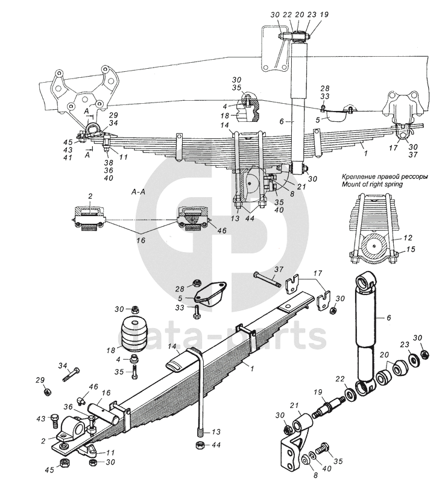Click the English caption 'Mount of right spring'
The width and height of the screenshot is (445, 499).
372,184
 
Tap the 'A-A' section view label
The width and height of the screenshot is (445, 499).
138,192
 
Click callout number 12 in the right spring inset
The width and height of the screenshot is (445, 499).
408,237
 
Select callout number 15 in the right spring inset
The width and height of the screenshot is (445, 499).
411,249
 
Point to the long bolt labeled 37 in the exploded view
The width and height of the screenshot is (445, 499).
267,279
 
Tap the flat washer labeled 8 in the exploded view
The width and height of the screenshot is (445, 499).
305,459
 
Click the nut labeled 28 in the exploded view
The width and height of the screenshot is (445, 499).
197,282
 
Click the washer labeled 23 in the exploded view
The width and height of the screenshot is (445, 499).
414,359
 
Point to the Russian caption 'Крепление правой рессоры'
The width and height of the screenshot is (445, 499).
384,177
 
